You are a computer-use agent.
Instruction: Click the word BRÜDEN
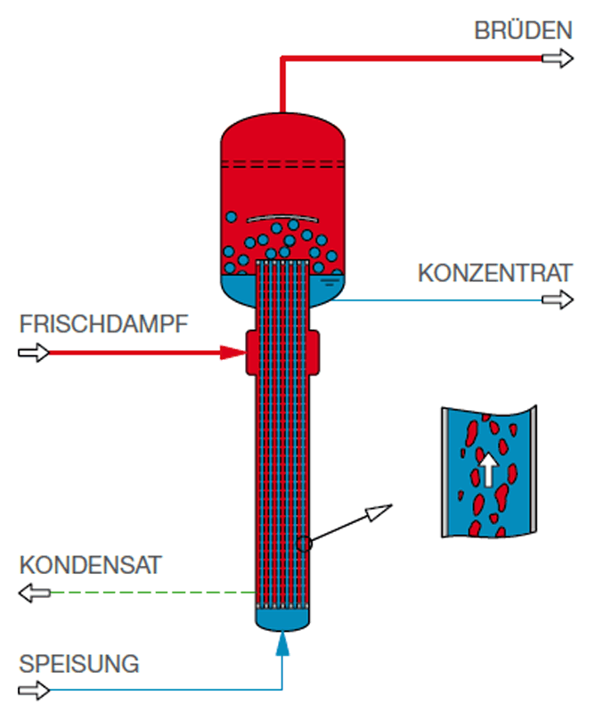[x=523, y=30]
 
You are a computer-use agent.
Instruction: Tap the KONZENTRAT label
[x=495, y=274]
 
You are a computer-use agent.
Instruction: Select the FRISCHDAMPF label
[x=103, y=324]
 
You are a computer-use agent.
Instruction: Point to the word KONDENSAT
[x=91, y=565]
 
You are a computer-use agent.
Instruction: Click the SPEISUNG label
[x=79, y=664]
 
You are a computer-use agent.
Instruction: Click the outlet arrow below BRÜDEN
[x=558, y=58]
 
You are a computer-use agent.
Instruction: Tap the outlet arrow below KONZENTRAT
[x=558, y=299]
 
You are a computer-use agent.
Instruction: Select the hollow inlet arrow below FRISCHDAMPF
[x=34, y=352]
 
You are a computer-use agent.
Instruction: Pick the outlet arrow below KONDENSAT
[x=34, y=593]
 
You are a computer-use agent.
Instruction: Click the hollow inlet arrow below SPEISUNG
[x=34, y=690]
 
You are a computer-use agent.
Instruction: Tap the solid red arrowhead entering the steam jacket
[x=232, y=352]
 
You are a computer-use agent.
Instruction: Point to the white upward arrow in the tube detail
[x=488, y=471]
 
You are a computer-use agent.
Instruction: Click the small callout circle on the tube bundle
[x=305, y=544]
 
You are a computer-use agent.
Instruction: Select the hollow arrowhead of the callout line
[x=378, y=512]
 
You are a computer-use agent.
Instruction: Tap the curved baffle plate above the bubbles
[x=282, y=217]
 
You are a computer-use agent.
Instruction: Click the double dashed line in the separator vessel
[x=282, y=164]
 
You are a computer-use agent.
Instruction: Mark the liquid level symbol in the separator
[x=330, y=283]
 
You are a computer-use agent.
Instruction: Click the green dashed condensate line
[x=152, y=593]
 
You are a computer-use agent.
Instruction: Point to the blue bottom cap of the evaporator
[x=282, y=619]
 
